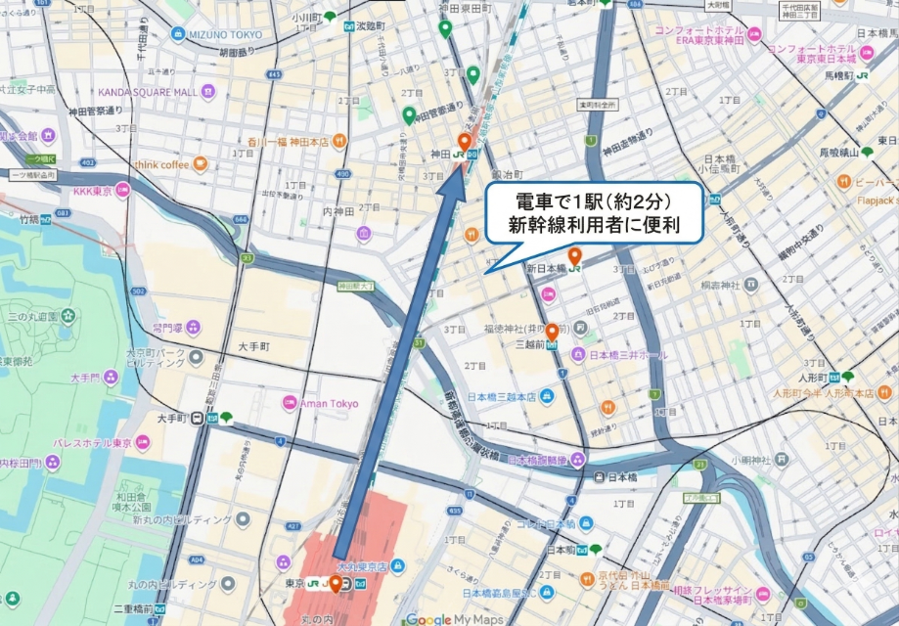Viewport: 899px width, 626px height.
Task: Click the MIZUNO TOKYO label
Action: tap(226, 34)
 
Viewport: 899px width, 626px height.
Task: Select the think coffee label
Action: tap(161, 165)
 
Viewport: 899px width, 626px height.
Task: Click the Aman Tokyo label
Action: tap(329, 403)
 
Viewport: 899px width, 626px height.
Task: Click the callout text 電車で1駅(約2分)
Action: tap(593, 203)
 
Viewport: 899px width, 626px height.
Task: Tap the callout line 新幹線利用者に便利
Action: tap(593, 228)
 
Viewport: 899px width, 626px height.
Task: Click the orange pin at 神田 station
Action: tap(465, 140)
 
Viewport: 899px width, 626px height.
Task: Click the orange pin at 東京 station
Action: tap(336, 584)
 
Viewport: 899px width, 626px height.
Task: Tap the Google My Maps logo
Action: tap(454, 618)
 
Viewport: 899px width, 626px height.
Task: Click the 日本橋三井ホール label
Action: tap(627, 355)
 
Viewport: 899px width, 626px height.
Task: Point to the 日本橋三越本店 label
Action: tap(501, 397)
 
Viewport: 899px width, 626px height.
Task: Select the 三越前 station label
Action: tap(534, 344)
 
